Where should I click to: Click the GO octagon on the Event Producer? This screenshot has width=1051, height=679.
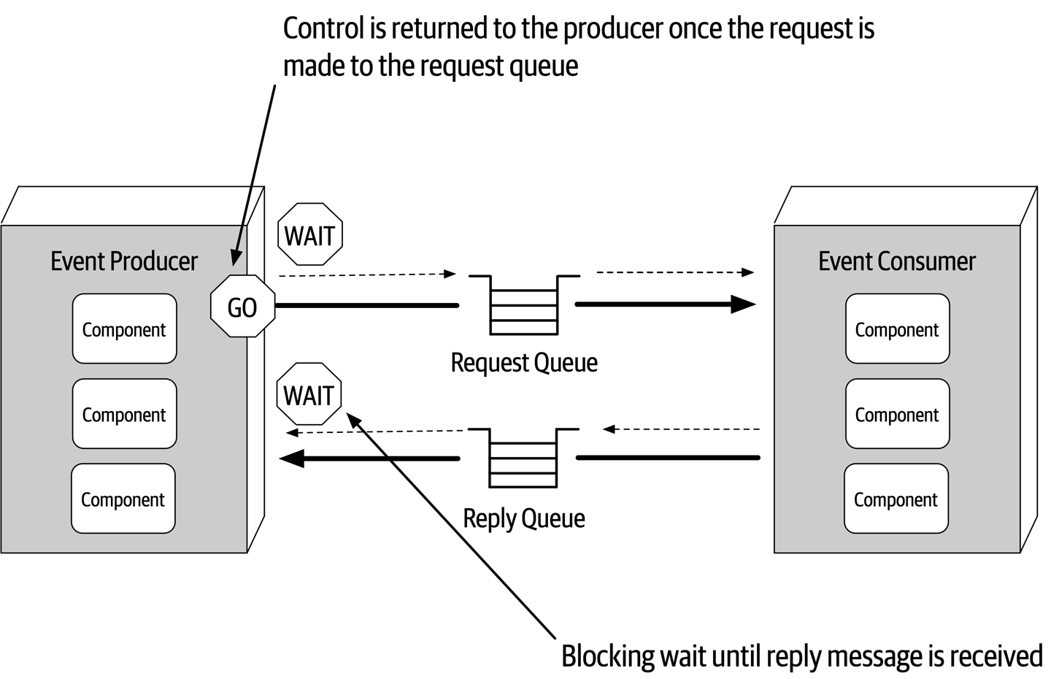point(242,307)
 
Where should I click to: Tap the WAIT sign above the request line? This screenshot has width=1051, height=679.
point(310,235)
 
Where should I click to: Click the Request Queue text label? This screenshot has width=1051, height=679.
point(523,362)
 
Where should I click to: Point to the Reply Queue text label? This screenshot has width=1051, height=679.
point(523,518)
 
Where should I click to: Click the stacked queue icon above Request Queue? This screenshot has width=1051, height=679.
point(523,304)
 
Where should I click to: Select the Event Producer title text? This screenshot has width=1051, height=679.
point(124,261)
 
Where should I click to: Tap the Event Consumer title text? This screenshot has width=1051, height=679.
point(896,261)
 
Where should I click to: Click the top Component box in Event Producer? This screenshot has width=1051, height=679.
point(124,329)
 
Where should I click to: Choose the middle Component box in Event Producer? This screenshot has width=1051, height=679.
point(124,414)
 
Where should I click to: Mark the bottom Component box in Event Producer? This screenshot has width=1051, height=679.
point(123,499)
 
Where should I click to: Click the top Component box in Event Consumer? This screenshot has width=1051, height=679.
point(897,329)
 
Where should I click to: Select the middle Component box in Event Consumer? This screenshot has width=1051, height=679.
point(897,414)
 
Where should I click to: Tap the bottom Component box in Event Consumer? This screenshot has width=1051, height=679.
point(896,499)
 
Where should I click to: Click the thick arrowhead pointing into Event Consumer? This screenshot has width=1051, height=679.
point(743,304)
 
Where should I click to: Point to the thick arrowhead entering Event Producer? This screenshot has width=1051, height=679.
point(292,459)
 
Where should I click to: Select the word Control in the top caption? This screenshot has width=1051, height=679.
point(323,28)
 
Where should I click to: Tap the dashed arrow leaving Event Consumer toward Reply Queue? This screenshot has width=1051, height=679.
point(682,429)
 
